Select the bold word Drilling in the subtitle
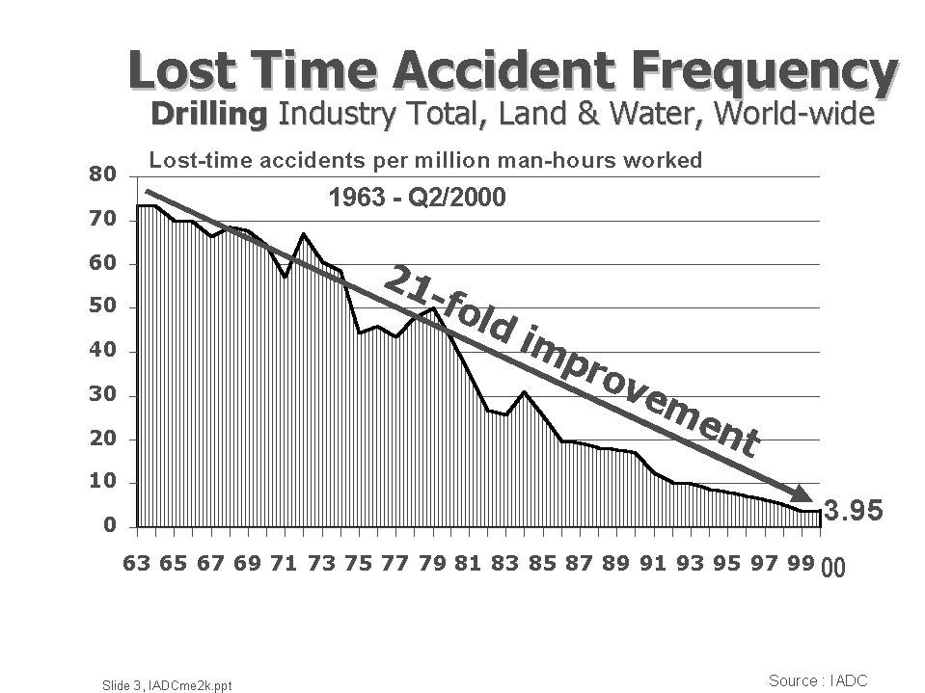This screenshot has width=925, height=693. [207, 114]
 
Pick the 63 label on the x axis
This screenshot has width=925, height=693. [136, 564]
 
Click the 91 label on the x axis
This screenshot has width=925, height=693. [653, 564]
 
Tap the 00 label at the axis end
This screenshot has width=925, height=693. [831, 569]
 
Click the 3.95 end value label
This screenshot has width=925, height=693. [852, 512]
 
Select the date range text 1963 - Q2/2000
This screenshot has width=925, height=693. [417, 199]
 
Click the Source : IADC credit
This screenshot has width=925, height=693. [818, 680]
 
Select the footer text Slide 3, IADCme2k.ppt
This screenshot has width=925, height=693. [167, 684]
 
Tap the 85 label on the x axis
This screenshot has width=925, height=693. [542, 564]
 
